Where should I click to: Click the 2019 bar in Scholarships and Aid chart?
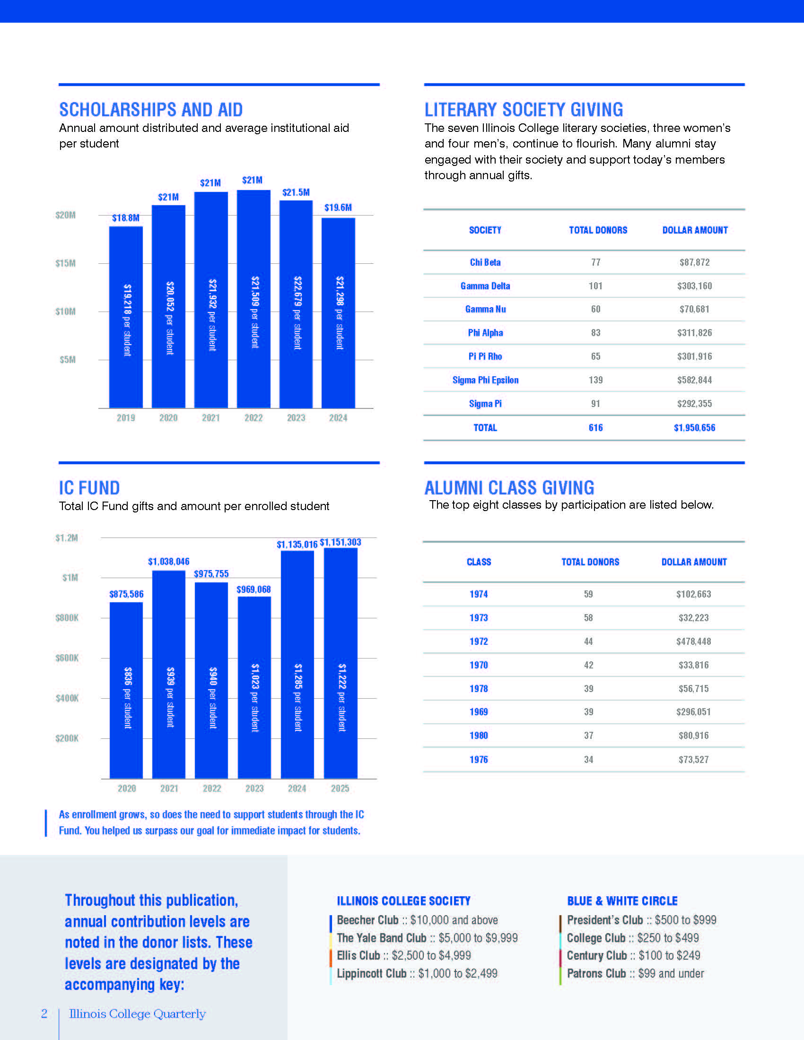click(x=126, y=317)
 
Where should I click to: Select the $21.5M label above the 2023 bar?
click(x=296, y=192)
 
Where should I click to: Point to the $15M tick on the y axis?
click(x=65, y=263)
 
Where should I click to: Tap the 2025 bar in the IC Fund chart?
click(x=340, y=663)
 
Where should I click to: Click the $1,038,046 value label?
click(x=169, y=562)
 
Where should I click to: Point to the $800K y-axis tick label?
click(x=67, y=618)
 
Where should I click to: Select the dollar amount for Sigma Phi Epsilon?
click(x=694, y=380)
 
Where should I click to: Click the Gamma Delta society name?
click(x=485, y=286)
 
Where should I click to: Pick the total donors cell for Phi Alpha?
click(x=595, y=333)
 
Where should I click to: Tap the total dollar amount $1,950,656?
click(x=694, y=428)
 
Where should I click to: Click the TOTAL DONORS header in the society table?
click(x=598, y=230)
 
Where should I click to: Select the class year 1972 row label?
click(x=479, y=641)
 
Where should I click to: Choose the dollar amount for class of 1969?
click(x=693, y=712)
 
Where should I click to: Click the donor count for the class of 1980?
click(x=589, y=736)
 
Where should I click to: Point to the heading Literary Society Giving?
click(x=524, y=110)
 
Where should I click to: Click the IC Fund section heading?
click(x=89, y=488)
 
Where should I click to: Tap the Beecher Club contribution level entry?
click(x=417, y=920)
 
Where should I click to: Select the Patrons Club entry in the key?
click(x=635, y=973)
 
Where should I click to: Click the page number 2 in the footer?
click(x=44, y=1014)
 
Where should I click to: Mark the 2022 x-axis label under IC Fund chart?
click(x=212, y=789)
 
